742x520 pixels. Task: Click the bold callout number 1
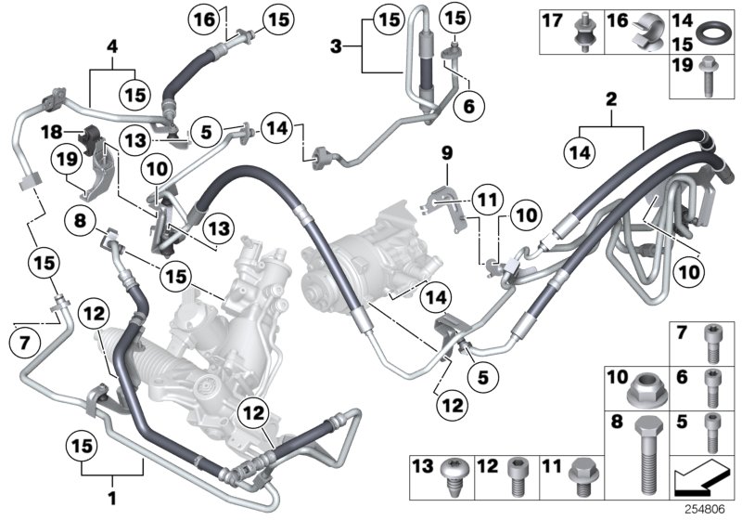(x=113, y=484)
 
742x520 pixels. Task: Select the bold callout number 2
(x=610, y=98)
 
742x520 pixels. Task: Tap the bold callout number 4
(x=112, y=44)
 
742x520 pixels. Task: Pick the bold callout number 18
(x=58, y=136)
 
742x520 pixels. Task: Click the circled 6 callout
(x=469, y=106)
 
